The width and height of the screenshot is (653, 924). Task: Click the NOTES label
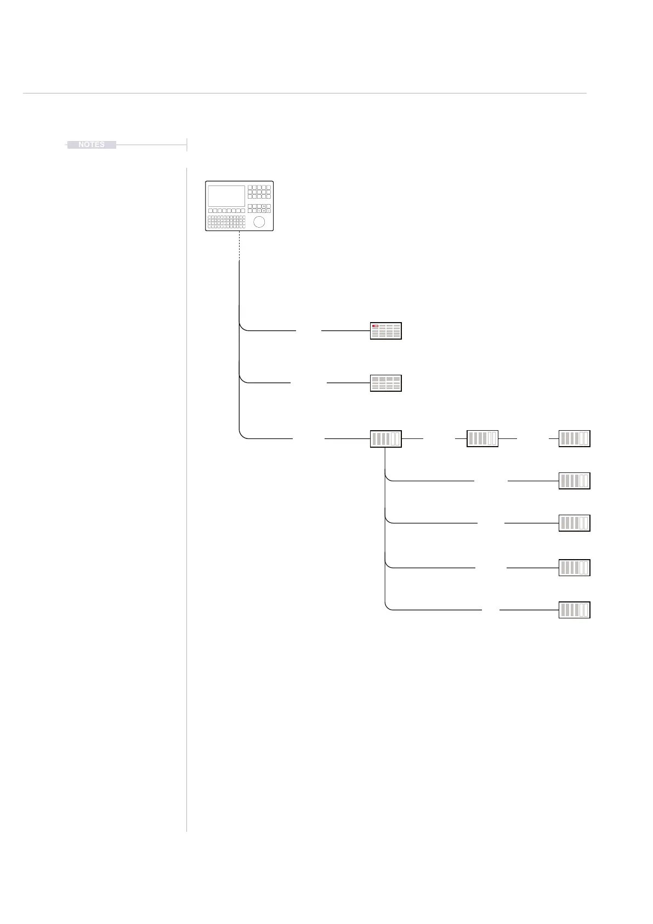[x=92, y=145]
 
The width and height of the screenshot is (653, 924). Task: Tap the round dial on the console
[x=259, y=222]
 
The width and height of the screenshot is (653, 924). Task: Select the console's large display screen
[x=226, y=196]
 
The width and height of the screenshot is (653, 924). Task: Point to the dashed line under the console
[x=240, y=246]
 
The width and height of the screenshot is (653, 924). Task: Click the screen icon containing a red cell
[x=386, y=331]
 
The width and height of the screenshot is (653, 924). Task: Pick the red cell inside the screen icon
[x=375, y=326]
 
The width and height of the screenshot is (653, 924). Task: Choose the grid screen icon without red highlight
[x=386, y=383]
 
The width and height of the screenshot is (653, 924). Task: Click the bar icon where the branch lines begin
[x=386, y=439]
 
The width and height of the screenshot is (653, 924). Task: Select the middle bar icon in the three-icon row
[x=482, y=438]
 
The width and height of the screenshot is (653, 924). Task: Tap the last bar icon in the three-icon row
[x=574, y=438]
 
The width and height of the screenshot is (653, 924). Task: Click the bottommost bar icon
[x=574, y=610]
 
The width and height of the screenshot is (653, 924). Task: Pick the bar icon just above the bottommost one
[x=574, y=567]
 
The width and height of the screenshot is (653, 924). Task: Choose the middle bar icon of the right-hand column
[x=574, y=523]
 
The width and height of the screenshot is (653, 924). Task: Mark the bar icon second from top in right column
[x=574, y=481]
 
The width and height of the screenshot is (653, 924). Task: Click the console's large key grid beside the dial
[x=226, y=221]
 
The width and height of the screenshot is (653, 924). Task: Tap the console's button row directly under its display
[x=226, y=210]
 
